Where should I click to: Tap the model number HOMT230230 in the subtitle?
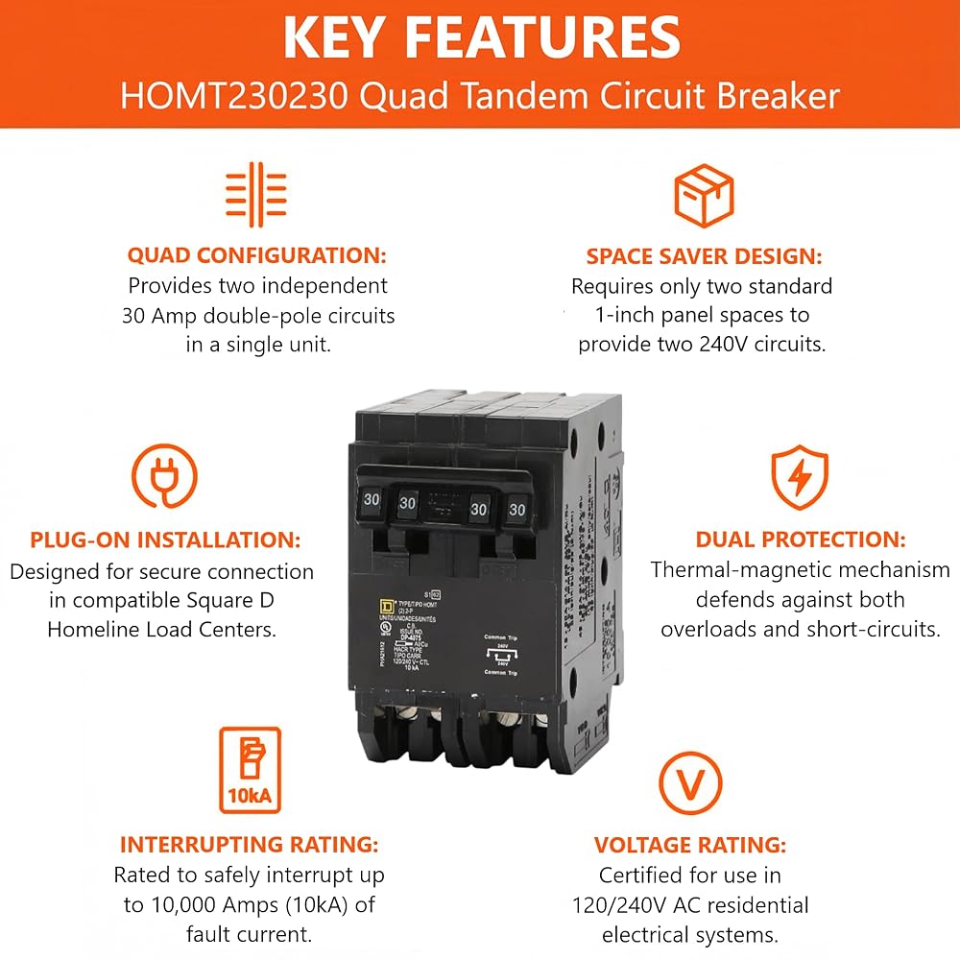(230, 96)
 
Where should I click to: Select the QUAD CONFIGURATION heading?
(257, 256)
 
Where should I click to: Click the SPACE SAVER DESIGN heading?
(704, 256)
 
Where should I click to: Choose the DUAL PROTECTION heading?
(800, 540)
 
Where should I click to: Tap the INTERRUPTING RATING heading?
(249, 845)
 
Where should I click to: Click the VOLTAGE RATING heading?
(690, 845)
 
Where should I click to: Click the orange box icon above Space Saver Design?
(704, 195)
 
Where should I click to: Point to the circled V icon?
(690, 782)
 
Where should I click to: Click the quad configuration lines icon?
(256, 190)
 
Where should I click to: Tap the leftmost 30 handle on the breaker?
(371, 498)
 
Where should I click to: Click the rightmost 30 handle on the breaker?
(517, 509)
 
